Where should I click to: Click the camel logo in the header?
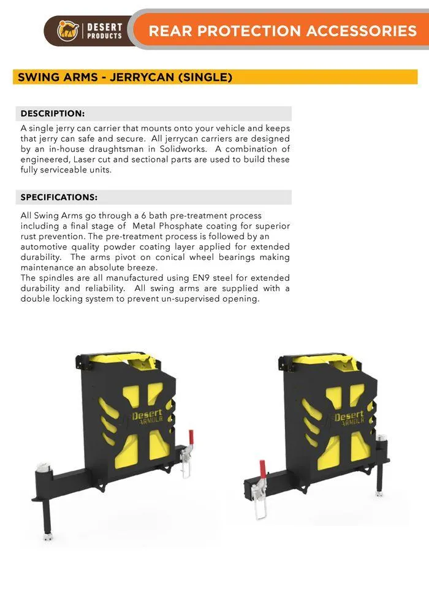click(68, 31)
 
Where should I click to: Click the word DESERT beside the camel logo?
click(105, 27)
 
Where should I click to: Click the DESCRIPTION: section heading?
click(52, 113)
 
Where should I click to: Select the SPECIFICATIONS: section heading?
click(59, 197)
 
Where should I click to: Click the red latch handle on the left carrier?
click(191, 438)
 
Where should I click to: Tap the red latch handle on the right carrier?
click(262, 469)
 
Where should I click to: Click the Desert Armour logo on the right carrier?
click(349, 419)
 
